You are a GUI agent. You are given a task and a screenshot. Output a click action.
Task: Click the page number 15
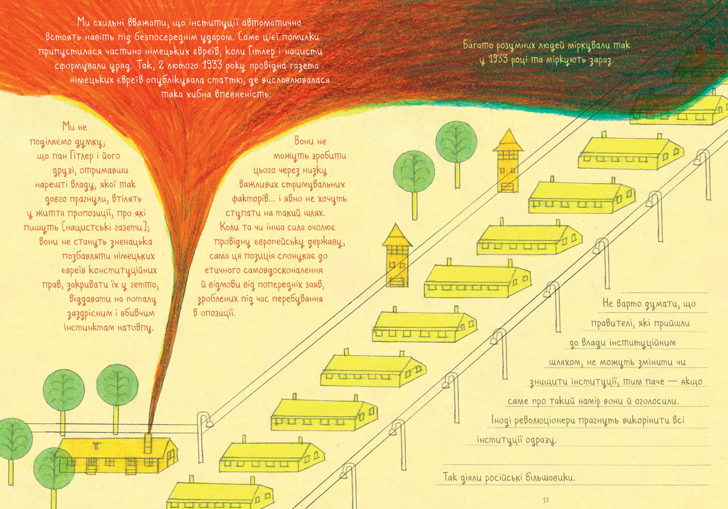pyautogui.click(x=546, y=500)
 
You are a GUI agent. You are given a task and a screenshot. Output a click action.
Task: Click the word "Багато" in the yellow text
pyautogui.click(x=479, y=45)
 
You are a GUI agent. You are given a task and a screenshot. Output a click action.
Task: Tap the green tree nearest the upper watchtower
pyautogui.click(x=456, y=142)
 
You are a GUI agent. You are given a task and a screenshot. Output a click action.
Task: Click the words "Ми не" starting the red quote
pyautogui.click(x=74, y=127)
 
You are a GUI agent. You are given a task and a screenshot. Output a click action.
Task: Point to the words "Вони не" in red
pyautogui.click(x=310, y=141)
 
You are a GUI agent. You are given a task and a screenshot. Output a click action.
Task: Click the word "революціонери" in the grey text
pyautogui.click(x=547, y=420)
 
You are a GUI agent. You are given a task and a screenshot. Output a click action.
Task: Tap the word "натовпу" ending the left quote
pyautogui.click(x=136, y=327)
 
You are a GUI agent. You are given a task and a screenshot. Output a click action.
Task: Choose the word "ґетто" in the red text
pyautogui.click(x=145, y=285)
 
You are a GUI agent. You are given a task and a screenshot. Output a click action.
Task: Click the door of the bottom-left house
pyautogui.click(x=92, y=464)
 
